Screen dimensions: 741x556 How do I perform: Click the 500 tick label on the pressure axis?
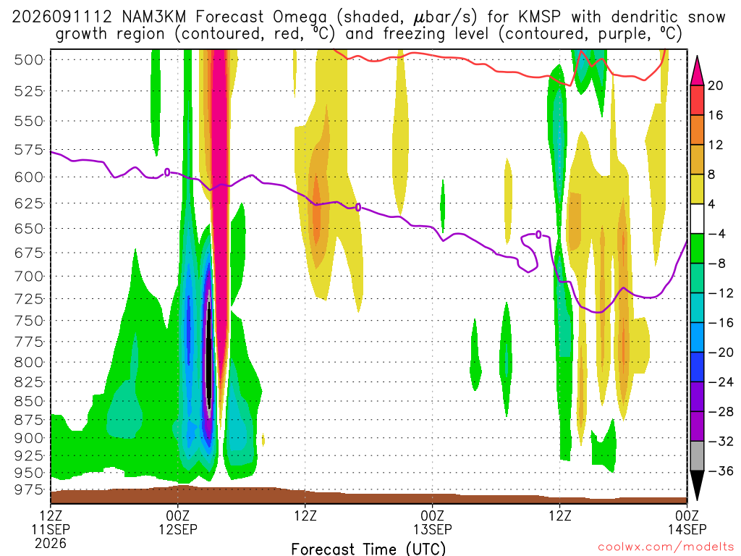coord(29,60)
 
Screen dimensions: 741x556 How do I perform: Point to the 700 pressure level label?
coord(29,276)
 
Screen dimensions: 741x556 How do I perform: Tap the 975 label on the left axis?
coord(29,489)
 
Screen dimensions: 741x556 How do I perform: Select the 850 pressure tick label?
coord(29,401)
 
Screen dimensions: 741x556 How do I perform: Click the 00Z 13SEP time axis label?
coord(433,522)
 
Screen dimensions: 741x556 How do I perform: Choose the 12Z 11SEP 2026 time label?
coord(51,529)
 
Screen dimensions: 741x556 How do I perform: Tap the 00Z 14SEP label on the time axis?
coord(687,522)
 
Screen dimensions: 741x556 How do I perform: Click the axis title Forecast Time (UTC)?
coord(368,549)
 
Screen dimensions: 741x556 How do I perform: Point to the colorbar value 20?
coord(716,85)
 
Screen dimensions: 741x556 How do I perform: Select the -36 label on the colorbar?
coord(721,471)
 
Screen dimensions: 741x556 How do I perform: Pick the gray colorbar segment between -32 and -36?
coord(697,456)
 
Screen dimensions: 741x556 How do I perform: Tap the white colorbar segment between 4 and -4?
coord(697,219)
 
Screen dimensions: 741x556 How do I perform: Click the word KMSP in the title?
coord(540,17)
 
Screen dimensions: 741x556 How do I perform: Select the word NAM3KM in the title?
coord(153,17)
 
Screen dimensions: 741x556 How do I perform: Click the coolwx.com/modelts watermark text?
coord(666,547)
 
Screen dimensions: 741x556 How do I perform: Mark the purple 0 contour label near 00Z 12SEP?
coord(167,172)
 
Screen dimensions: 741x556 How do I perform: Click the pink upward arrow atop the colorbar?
coord(697,70)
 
